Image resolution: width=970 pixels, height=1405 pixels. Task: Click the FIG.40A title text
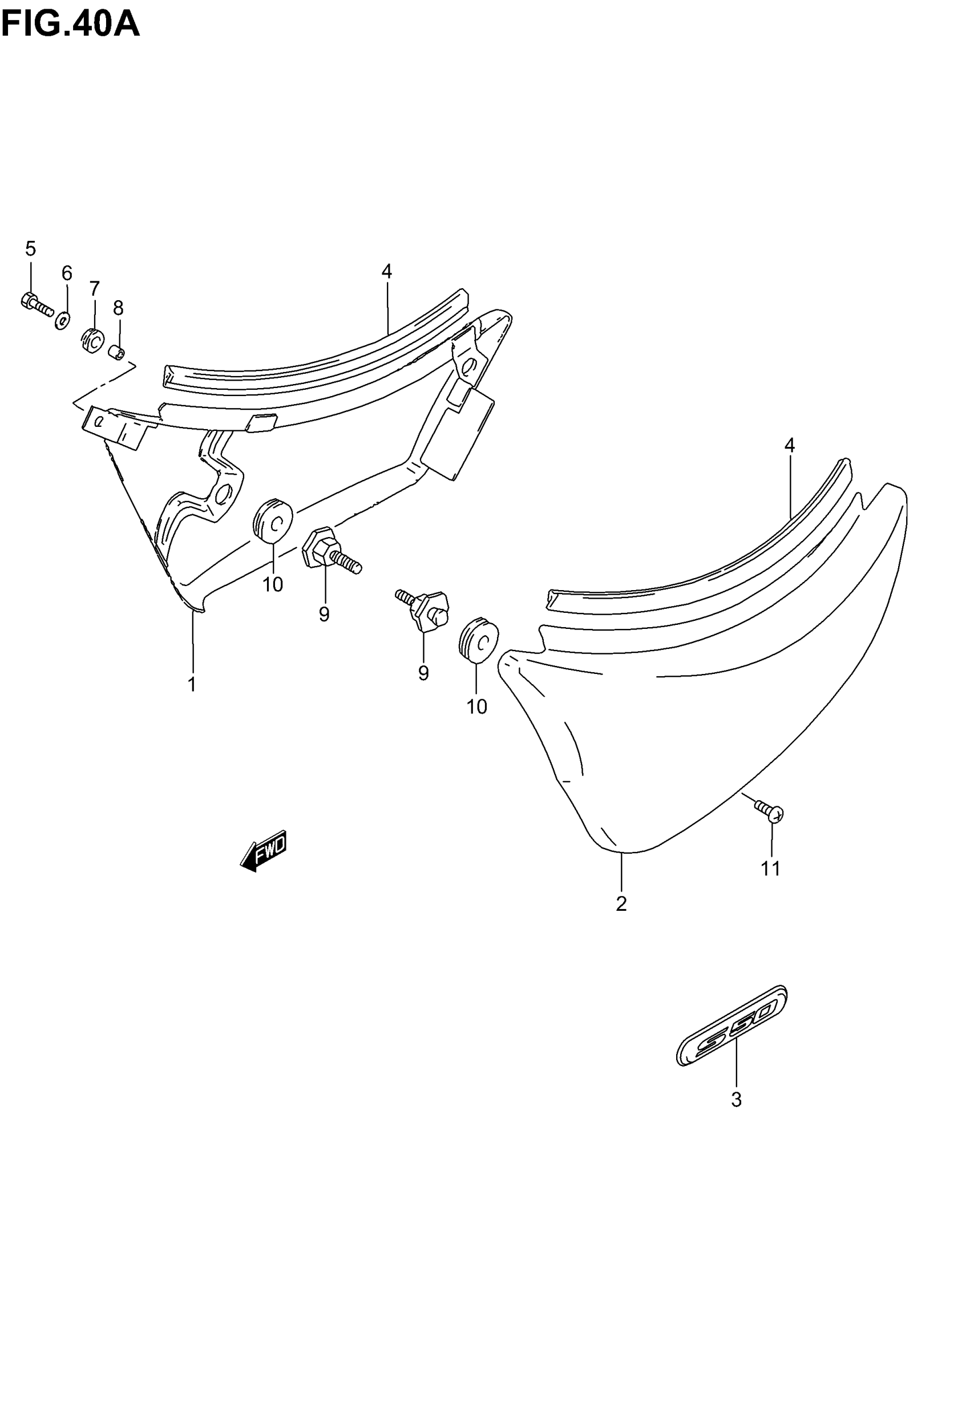point(71,25)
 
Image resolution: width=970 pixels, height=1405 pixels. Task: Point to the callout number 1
point(192,684)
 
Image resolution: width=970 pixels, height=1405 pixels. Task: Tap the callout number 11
point(771,869)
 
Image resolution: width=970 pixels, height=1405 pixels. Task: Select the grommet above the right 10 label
point(479,639)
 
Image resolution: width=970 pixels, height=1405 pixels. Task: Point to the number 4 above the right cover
point(790,446)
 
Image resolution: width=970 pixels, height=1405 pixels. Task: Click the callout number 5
point(30,249)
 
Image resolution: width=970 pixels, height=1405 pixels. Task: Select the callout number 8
point(119,308)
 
